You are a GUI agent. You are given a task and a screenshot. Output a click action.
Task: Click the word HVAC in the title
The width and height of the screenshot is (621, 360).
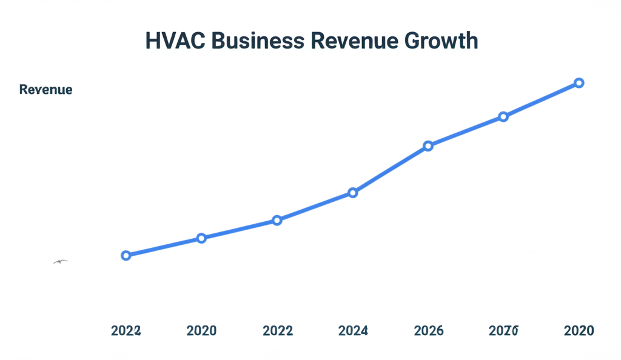click(173, 41)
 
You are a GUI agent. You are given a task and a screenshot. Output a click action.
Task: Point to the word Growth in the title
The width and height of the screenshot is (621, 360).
click(441, 41)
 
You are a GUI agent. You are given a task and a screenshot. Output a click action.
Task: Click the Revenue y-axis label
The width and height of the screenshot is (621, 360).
click(45, 90)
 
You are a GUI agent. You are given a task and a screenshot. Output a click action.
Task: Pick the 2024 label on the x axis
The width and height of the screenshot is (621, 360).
click(353, 331)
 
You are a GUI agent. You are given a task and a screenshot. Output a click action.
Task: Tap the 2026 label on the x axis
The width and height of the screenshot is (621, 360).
click(428, 331)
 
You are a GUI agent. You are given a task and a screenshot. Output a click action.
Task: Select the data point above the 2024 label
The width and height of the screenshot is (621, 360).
click(353, 193)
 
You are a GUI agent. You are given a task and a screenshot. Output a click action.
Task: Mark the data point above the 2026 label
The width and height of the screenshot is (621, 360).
click(428, 145)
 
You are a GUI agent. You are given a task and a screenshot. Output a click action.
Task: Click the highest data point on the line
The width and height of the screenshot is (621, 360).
click(579, 82)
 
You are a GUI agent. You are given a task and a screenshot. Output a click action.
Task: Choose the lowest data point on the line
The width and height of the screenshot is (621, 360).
click(126, 256)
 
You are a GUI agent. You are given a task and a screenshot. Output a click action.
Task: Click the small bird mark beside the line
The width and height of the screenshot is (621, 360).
click(60, 262)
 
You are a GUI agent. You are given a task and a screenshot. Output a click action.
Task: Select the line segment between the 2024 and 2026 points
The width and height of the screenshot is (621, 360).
click(391, 169)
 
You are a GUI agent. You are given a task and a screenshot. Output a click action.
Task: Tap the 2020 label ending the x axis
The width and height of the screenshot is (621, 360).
click(579, 331)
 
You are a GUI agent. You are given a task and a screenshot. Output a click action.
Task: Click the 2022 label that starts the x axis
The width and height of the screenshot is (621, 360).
click(126, 331)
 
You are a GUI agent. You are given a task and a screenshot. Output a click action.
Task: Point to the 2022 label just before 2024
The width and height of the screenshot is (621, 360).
click(277, 331)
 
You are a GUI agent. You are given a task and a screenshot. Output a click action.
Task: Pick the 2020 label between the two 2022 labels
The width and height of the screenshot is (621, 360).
click(201, 331)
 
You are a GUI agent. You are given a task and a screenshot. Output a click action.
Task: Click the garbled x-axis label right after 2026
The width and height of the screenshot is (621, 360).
click(503, 331)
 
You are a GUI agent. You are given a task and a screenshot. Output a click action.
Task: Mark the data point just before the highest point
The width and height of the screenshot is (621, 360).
click(503, 116)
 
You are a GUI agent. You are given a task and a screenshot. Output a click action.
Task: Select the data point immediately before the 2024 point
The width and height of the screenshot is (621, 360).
click(277, 220)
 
